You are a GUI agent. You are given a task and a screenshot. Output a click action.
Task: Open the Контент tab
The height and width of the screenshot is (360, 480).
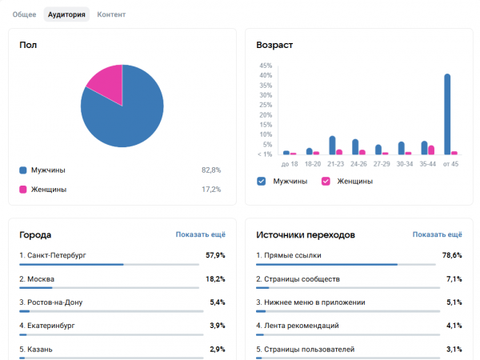point(111,14)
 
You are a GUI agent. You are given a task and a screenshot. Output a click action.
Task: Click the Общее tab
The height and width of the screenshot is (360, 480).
point(24,14)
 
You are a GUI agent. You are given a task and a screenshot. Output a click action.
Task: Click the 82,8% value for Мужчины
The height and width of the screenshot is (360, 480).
point(211,170)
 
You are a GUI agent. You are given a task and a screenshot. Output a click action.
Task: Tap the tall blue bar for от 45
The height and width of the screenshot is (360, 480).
point(447,114)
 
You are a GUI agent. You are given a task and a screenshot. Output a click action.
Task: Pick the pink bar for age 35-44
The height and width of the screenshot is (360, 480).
point(431,150)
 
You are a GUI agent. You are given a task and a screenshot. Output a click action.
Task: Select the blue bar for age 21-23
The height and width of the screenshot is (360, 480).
point(332,145)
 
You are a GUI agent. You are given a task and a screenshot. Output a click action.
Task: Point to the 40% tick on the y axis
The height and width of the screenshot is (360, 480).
point(266,75)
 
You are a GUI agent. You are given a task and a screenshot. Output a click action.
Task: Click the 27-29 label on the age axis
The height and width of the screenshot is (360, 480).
point(382,164)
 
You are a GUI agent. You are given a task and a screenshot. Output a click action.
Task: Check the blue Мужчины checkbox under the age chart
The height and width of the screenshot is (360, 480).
point(261,182)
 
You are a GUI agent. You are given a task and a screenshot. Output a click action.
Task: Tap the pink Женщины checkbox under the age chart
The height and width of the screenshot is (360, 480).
point(326,182)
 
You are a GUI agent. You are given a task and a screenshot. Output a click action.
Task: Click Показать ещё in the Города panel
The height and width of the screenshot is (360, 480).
point(201,234)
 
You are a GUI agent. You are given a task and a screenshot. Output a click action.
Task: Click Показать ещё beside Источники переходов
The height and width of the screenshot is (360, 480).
point(437,234)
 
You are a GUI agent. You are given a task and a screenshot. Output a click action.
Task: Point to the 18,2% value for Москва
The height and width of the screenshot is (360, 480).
point(215,279)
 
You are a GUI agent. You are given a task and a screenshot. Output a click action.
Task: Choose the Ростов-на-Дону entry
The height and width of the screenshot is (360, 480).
point(51,302)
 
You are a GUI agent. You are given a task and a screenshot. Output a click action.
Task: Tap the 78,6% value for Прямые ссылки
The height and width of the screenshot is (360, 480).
point(452,255)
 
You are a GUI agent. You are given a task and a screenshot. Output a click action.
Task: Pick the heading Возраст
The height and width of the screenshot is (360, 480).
point(274,45)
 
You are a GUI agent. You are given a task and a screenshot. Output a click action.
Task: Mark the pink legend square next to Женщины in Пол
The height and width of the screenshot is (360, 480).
point(23,190)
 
